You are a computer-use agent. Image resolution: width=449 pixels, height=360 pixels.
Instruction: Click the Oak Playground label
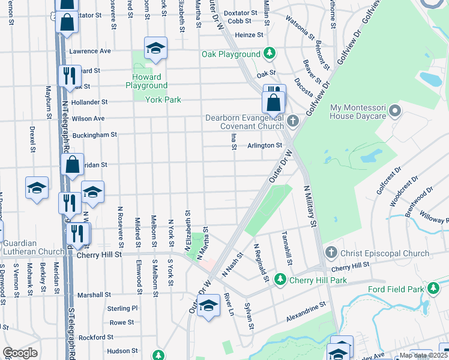(231, 55)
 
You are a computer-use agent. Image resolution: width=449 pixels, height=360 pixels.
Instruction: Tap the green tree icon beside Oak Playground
(270, 54)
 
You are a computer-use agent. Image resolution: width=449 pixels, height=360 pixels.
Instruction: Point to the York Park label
(163, 100)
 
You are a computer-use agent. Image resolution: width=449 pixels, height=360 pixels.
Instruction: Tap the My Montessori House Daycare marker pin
(394, 111)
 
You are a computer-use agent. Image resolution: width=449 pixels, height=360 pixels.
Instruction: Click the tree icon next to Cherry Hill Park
(280, 280)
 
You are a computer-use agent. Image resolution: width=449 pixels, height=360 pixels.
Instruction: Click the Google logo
(19, 353)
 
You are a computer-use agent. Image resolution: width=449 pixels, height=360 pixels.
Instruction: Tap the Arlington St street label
(265, 145)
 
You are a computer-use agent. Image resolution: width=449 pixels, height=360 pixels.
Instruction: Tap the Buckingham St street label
(94, 135)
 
